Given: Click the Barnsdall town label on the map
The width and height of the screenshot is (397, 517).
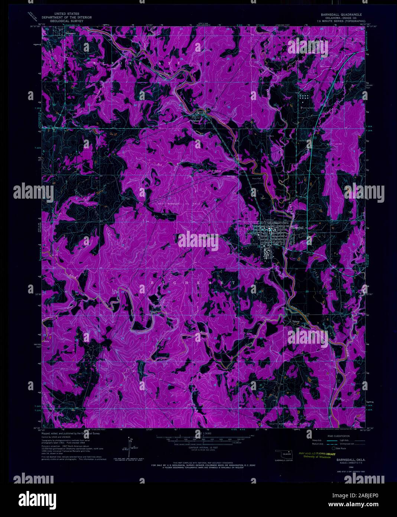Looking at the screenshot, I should click(298, 227).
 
